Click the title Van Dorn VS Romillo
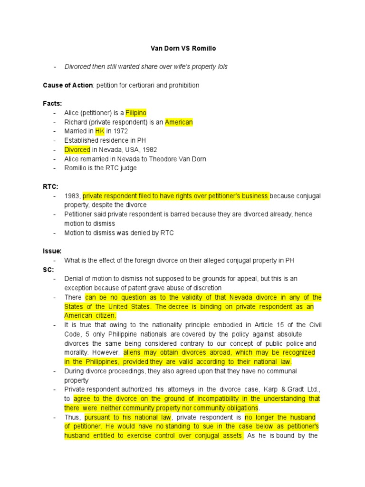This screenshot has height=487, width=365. (x=182, y=48)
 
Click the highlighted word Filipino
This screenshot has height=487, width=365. (x=136, y=113)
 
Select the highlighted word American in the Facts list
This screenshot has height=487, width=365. (x=179, y=122)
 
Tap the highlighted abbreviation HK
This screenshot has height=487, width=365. (x=100, y=131)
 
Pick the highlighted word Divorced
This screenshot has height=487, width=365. (x=77, y=149)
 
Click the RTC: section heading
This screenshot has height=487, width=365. (x=50, y=186)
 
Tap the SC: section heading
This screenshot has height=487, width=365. (x=48, y=269)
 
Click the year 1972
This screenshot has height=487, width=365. (x=121, y=131)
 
